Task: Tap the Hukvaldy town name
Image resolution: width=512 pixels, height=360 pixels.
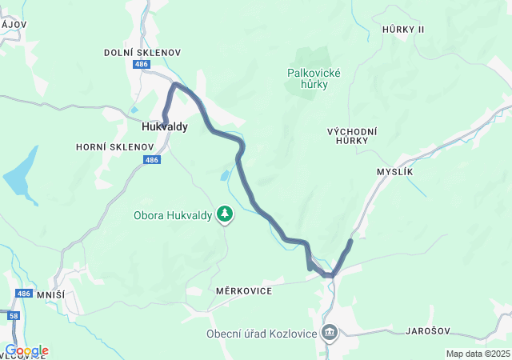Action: point(164,126)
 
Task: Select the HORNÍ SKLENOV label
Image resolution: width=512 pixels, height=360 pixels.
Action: point(114,147)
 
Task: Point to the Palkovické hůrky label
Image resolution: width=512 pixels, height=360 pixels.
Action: point(314,78)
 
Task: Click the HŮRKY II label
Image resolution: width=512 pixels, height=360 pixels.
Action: point(403,29)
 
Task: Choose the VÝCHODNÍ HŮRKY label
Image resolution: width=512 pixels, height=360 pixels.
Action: point(352,135)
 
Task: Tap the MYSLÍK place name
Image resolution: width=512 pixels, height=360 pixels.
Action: point(394,172)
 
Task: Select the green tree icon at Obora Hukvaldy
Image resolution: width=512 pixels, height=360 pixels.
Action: point(226,214)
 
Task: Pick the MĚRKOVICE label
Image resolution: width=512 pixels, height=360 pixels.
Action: point(244,290)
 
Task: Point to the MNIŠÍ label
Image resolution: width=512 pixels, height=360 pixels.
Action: point(50,295)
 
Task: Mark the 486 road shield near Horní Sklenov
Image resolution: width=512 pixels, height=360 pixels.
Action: point(153,160)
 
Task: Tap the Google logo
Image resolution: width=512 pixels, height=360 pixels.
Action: point(26,350)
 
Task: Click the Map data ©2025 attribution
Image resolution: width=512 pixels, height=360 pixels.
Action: point(478,354)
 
